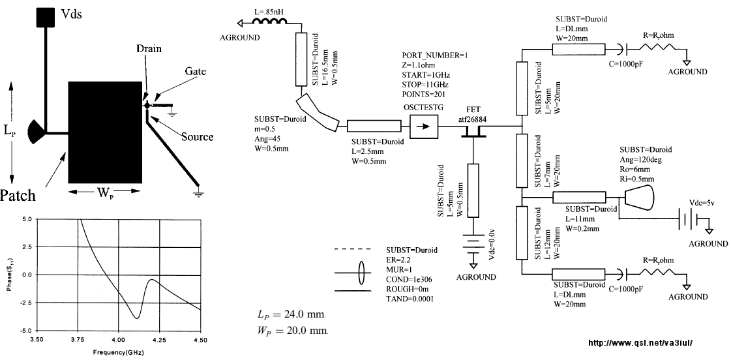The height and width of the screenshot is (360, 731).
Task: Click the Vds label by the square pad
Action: click(71, 14)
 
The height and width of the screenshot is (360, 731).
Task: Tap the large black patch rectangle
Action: click(106, 132)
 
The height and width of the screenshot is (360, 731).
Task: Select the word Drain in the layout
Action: click(149, 48)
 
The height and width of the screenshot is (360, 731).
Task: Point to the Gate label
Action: click(196, 71)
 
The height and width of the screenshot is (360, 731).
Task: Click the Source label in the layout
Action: click(197, 137)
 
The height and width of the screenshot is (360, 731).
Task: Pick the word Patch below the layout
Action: click(18, 195)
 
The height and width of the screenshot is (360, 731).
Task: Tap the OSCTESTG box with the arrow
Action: click(425, 127)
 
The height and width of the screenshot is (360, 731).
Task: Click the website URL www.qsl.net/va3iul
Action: click(641, 343)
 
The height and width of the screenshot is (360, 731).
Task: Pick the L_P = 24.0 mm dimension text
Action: click(291, 315)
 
